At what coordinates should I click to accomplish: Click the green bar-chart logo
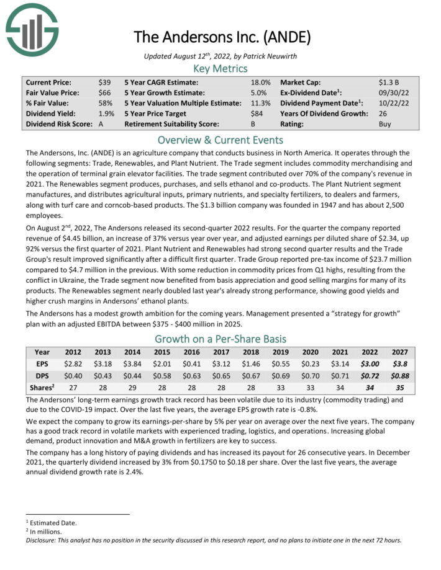point(30,29)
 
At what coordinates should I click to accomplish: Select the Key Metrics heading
point(220,68)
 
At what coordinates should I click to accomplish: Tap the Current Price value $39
point(104,82)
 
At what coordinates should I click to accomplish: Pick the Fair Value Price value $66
point(104,92)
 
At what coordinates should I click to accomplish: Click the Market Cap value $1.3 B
point(389,82)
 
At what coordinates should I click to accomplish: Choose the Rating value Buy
point(385,124)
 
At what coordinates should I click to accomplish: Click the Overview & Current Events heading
point(220,140)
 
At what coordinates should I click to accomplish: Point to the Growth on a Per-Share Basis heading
point(220,339)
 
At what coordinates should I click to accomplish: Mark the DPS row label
point(42,375)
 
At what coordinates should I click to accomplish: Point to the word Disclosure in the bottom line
point(43,540)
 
